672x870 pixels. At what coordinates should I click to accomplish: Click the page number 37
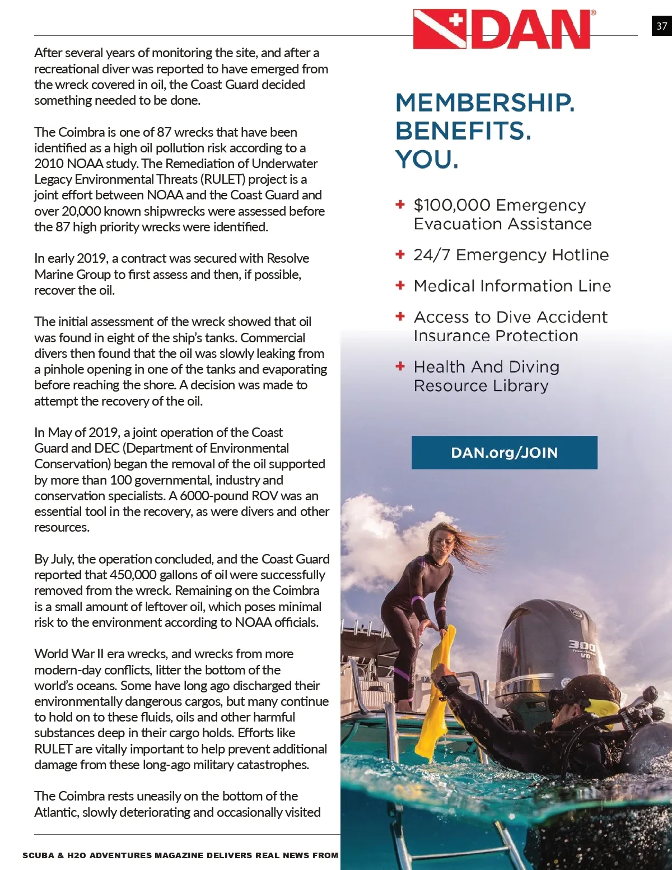click(x=661, y=26)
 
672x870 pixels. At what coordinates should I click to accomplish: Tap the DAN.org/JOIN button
click(x=504, y=453)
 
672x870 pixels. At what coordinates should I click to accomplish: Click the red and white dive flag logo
click(x=440, y=29)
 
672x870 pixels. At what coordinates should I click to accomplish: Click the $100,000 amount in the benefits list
click(x=452, y=205)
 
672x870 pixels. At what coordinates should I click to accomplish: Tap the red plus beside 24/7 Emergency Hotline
click(x=400, y=254)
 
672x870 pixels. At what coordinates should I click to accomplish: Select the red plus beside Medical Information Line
click(x=400, y=285)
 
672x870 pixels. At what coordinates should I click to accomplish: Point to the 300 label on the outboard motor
click(x=582, y=646)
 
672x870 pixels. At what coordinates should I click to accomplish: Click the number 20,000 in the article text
click(x=82, y=211)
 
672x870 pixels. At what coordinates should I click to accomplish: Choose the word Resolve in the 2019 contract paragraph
click(x=288, y=258)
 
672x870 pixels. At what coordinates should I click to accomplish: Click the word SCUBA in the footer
click(x=38, y=855)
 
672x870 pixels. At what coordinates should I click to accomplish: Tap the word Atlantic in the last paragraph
click(x=55, y=812)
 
